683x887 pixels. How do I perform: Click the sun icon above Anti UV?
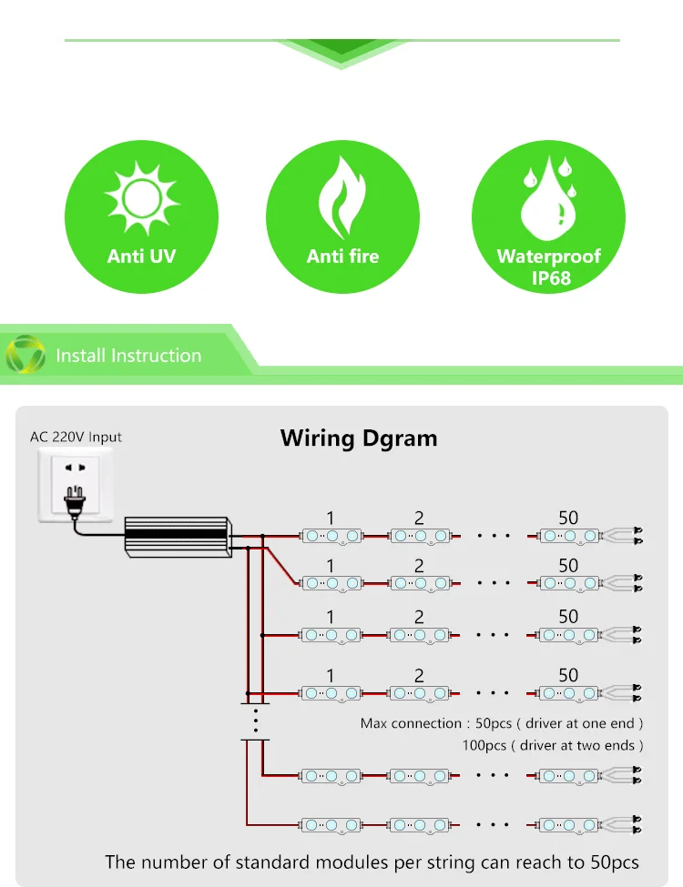click(x=142, y=198)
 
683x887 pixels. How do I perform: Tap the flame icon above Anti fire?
click(x=342, y=197)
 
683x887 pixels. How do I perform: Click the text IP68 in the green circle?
click(x=550, y=278)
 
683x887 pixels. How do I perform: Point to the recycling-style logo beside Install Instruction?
click(x=25, y=355)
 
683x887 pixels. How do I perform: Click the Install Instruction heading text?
click(x=128, y=355)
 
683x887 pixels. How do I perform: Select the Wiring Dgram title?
click(x=359, y=438)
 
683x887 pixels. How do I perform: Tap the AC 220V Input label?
click(x=76, y=437)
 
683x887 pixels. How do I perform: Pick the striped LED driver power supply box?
click(x=178, y=536)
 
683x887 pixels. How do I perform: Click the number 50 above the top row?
click(x=568, y=518)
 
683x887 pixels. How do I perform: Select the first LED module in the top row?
click(x=331, y=536)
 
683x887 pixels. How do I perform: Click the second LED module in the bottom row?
click(x=420, y=825)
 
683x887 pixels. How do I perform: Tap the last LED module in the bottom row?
click(x=568, y=825)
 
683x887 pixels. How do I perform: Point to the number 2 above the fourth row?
click(x=419, y=675)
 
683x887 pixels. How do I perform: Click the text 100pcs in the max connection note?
click(x=484, y=746)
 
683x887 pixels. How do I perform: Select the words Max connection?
click(x=411, y=723)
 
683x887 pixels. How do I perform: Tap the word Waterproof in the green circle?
click(x=549, y=257)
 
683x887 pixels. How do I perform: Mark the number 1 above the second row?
click(x=331, y=566)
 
